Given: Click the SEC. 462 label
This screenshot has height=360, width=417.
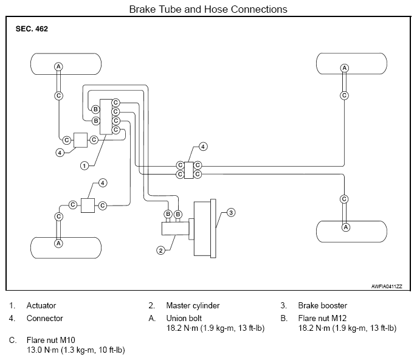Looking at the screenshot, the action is point(32,29).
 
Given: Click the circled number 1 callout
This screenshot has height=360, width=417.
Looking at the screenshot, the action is point(84,166).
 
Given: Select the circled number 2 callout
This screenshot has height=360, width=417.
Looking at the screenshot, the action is point(160,251).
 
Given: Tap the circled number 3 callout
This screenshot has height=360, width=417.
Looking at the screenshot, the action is point(231,212).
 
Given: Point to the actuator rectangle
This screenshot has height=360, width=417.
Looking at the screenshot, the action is point(106,117).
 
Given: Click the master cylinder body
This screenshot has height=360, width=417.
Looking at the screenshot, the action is point(175,229).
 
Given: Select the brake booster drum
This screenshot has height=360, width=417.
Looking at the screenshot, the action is point(205,228).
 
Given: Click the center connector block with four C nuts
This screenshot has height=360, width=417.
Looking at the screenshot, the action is point(189,170).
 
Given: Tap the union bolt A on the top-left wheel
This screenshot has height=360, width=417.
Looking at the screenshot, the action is point(58,66).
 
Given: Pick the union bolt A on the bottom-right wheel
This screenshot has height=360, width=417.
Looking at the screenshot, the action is point(345,227).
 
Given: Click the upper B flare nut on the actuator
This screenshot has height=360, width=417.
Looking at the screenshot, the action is point(95,109).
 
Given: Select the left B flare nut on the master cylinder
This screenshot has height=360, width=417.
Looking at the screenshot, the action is point(168,214).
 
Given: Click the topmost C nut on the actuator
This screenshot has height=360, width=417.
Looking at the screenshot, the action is point(115,102).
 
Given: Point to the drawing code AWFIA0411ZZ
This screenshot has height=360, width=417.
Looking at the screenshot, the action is point(387,286).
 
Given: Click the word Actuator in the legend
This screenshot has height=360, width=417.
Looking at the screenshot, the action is point(41,305).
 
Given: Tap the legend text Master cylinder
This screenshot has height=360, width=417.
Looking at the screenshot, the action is point(193,305).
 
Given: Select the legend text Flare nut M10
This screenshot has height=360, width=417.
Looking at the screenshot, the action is point(51,340).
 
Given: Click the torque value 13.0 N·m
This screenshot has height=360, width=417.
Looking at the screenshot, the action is point(43,350).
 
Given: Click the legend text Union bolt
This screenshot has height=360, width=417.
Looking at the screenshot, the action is point(184,318).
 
